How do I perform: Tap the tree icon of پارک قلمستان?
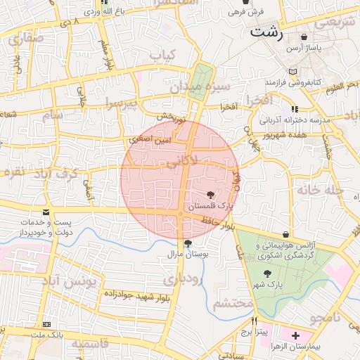tap(210, 194)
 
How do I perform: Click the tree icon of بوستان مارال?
tap(188, 243)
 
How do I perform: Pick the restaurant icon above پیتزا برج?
tap(255, 320)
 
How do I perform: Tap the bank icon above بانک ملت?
tap(46, 324)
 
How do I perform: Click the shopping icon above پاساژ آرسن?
tap(304, 37)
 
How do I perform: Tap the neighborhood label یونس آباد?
tap(69, 282)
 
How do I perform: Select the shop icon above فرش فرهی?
tap(245, 2)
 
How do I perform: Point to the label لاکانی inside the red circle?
tap(181, 163)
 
